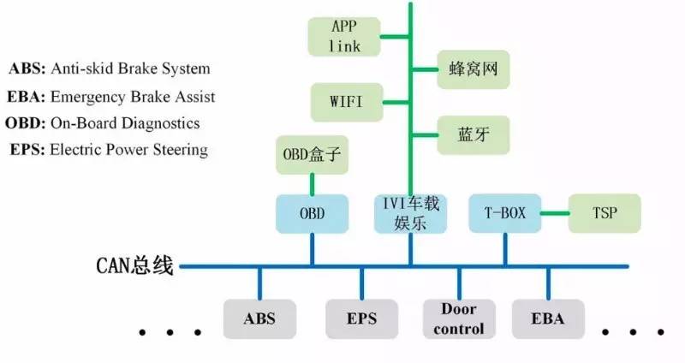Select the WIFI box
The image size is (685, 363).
[346, 102]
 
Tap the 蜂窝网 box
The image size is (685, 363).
[474, 68]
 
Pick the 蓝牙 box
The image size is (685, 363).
[474, 134]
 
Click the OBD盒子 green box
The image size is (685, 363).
[312, 156]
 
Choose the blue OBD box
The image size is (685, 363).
[312, 213]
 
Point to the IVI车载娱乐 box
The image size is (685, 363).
[411, 213]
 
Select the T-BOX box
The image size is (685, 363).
[505, 213]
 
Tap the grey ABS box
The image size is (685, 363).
[259, 318]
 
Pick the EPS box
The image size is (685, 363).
[360, 318]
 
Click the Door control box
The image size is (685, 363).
[460, 318]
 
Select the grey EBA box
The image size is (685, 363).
[549, 318]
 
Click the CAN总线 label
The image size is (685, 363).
[134, 266]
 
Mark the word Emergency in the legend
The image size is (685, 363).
[85, 96]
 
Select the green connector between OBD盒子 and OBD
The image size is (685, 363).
[312, 183]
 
